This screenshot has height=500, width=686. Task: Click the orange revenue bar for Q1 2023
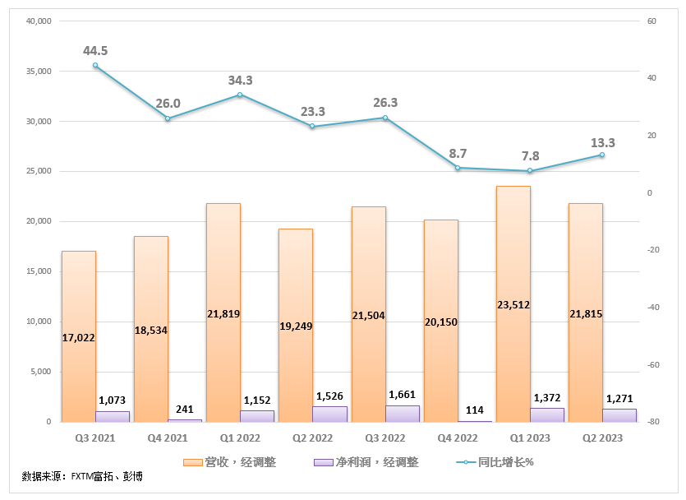(x=513, y=303)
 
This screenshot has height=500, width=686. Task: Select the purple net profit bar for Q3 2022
(x=403, y=414)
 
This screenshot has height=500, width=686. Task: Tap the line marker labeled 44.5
(x=95, y=65)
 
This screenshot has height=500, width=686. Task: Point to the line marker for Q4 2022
(x=458, y=168)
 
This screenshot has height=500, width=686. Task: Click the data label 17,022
(x=78, y=337)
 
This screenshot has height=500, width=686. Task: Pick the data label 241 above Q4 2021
(x=185, y=409)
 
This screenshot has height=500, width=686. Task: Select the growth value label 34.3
(x=240, y=80)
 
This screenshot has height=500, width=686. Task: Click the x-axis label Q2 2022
(x=312, y=437)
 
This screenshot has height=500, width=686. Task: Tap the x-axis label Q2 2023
(x=602, y=437)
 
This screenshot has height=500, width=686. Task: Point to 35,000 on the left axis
(x=39, y=71)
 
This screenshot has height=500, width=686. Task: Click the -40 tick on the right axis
(x=653, y=308)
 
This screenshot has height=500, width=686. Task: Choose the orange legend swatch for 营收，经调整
(x=193, y=462)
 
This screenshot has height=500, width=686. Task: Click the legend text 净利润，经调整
(x=377, y=462)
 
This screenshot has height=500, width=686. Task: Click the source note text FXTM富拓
(x=92, y=476)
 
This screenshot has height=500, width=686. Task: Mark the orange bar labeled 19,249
(x=296, y=326)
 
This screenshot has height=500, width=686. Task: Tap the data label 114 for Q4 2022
(x=475, y=410)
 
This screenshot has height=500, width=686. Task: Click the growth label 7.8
(x=530, y=156)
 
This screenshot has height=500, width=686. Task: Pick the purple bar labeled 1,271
(x=619, y=415)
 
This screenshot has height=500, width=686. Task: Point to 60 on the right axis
(x=651, y=21)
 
